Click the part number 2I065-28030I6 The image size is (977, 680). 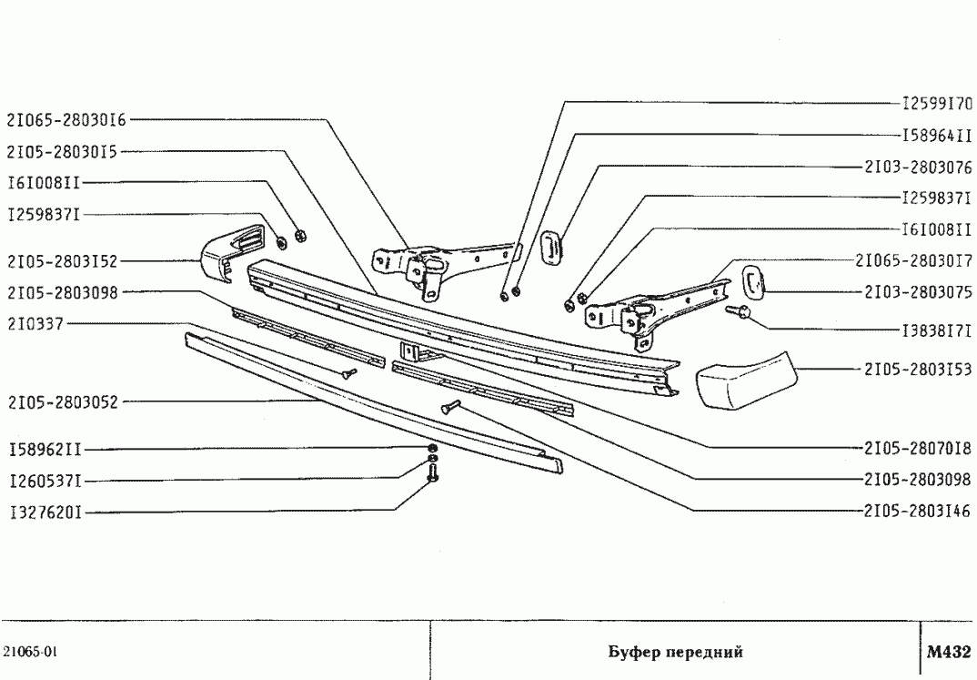[66, 119]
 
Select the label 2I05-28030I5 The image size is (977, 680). [61, 151]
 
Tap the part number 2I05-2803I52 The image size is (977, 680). [61, 260]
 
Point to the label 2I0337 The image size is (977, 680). [35, 323]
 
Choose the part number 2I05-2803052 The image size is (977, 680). [61, 401]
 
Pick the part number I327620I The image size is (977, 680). [45, 513]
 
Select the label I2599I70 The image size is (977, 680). [937, 103]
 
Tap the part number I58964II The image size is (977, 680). [937, 136]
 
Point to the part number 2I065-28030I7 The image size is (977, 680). [913, 261]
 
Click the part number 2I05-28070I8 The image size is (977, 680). [918, 448]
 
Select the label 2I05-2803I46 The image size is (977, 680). [918, 512]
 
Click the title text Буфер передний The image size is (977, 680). [675, 653]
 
